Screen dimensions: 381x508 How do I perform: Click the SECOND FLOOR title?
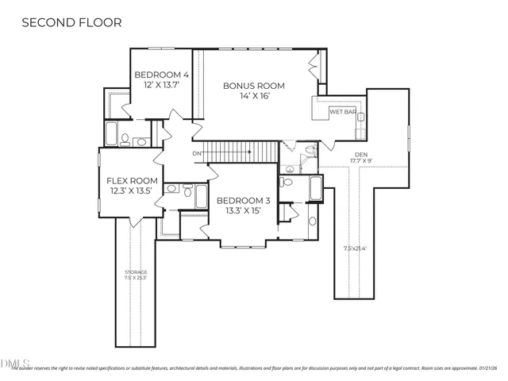[71, 22]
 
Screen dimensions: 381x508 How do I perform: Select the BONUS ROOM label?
[253, 86]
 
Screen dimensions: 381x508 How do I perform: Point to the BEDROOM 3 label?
[244, 201]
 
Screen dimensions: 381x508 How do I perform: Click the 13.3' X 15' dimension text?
[244, 212]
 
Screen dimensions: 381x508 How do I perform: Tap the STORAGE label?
[135, 271]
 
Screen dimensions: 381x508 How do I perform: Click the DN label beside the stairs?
[197, 152]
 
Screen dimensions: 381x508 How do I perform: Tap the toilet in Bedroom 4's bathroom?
[126, 140]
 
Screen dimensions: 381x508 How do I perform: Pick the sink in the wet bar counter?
[360, 117]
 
